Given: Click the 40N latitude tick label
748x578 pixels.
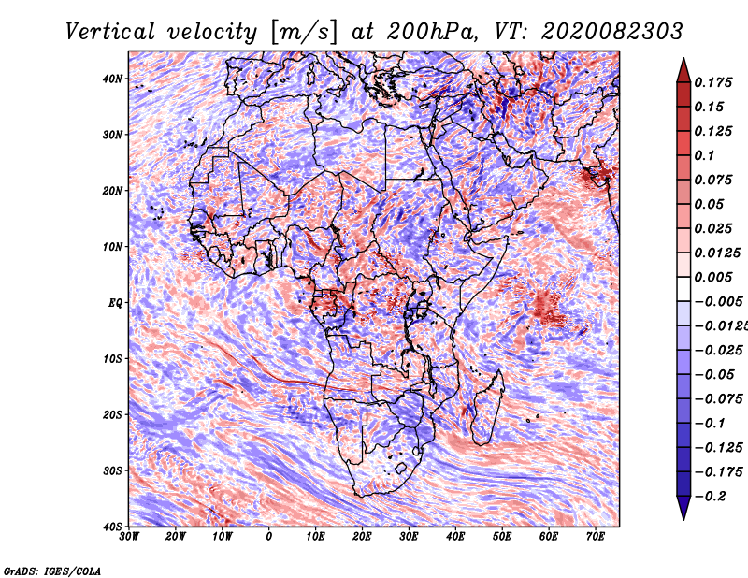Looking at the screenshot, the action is coord(112,79).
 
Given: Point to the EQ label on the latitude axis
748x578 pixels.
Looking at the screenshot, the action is coord(115,303).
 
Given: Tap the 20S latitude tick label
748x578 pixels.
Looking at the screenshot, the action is coord(112,414).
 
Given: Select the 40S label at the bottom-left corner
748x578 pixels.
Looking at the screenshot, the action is coord(112,527).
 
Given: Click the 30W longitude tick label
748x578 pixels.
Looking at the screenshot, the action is coord(129,537).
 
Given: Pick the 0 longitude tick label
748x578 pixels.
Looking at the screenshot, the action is coord(269,537).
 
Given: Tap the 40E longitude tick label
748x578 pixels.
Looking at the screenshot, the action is coord(456,537).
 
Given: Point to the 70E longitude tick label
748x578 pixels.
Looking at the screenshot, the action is coord(596,537).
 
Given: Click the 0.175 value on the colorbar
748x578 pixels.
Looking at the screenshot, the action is coord(712,82).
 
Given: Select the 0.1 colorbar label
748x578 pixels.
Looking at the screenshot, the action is coord(704,155).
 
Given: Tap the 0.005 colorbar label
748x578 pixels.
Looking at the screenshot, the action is coord(712,277).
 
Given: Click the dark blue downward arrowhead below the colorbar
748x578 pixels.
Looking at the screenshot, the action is coord(683,507).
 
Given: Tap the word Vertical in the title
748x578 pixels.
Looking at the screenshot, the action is coord(110,32).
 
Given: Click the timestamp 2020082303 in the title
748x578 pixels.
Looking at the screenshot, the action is coord(612,32).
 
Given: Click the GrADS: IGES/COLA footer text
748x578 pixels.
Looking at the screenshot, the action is coord(52,571).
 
